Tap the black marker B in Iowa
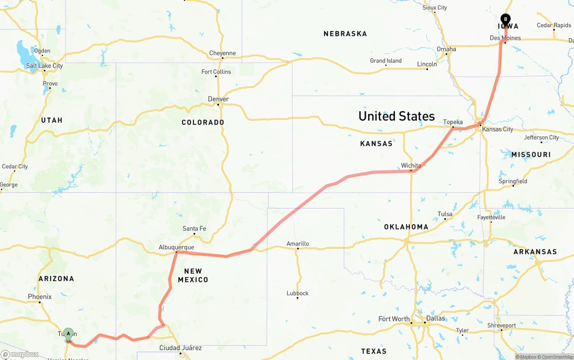(x=505, y=20)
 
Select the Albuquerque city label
(x=176, y=247)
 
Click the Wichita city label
(x=411, y=165)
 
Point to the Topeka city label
(x=452, y=122)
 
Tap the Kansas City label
(x=497, y=129)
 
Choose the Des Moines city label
(x=505, y=38)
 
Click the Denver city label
(x=218, y=99)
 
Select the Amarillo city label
(x=298, y=244)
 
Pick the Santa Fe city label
(x=194, y=229)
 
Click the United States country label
(x=396, y=116)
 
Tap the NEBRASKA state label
(x=345, y=34)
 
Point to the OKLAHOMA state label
(x=406, y=227)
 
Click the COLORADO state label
(x=203, y=122)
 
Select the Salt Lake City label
(x=44, y=65)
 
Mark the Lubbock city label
(x=298, y=293)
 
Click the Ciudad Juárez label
(x=181, y=348)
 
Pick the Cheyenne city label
(x=222, y=53)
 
